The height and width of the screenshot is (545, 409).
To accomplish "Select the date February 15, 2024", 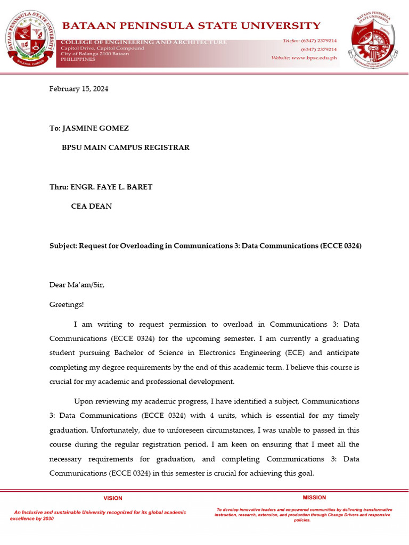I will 79,89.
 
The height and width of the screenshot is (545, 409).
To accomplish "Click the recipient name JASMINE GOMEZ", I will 96,128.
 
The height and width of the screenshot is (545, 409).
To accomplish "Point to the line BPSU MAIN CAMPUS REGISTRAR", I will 126,147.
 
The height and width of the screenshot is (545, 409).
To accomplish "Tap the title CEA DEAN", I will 92,206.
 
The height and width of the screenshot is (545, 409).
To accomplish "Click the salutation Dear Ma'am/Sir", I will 77,285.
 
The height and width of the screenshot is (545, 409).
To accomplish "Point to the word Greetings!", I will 67,304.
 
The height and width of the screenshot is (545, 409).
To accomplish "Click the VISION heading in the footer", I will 112,498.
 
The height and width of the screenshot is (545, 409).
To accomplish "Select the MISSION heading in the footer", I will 314,498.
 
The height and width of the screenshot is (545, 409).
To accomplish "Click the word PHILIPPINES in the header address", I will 78,59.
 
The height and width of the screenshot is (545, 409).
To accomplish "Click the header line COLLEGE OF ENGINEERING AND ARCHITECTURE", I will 144,42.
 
